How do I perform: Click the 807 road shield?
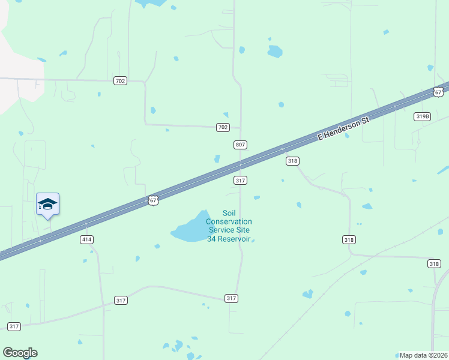pos(241,145)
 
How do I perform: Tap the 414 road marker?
pos(87,239)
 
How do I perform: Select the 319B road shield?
pos(423,116)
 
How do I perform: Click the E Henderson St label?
pos(342,128)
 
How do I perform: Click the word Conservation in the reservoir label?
pos(229,221)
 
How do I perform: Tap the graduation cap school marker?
pos(47,205)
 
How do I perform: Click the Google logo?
pos(20,353)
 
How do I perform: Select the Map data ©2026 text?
pos(423,355)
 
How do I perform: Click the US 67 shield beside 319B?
pos(438,92)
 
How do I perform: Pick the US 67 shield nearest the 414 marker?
pos(154,200)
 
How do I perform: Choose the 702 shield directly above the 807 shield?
pos(223,127)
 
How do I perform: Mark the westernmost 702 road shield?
pos(120,80)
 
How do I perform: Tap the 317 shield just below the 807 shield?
pos(241,180)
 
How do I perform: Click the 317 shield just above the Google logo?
pos(14,326)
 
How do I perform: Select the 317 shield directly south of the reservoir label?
pos(232,298)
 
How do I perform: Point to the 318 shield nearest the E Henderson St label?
pos(292,161)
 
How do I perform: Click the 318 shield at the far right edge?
pos(434,263)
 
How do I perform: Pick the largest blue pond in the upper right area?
pos(275,52)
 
